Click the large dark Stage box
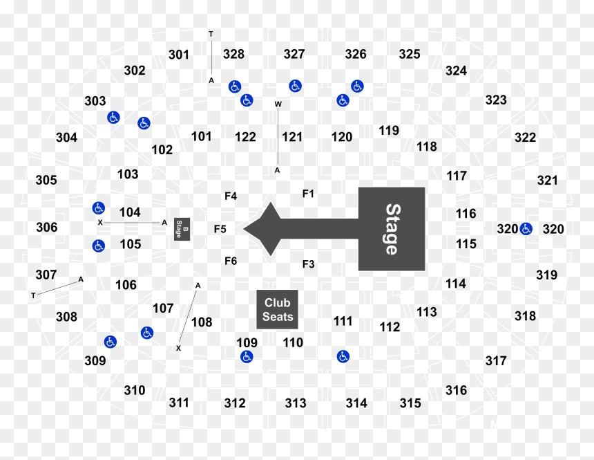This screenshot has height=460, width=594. click(x=392, y=229)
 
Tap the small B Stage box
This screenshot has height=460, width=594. click(x=182, y=229)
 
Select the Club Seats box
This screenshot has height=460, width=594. click(x=277, y=309)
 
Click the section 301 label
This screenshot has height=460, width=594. click(x=179, y=55)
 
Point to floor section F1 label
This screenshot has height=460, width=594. click(x=308, y=194)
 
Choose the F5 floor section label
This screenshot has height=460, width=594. click(x=220, y=229)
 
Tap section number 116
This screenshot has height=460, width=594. click(x=466, y=214)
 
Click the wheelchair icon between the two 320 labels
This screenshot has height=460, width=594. click(x=526, y=229)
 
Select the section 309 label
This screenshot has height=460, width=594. click(x=95, y=360)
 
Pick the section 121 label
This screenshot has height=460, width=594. click(x=292, y=137)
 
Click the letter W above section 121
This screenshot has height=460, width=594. click(x=278, y=104)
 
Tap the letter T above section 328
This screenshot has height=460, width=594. click(x=211, y=34)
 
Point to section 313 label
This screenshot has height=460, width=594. click(x=296, y=403)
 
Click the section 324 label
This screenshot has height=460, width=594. click(x=456, y=71)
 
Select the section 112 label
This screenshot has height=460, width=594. click(x=390, y=326)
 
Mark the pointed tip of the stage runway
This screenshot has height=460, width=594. click(x=244, y=229)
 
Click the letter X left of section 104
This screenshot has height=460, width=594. click(x=100, y=223)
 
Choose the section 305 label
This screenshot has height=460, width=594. click(x=46, y=180)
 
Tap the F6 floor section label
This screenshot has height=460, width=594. click(x=231, y=261)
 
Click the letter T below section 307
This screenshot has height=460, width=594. click(x=33, y=295)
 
